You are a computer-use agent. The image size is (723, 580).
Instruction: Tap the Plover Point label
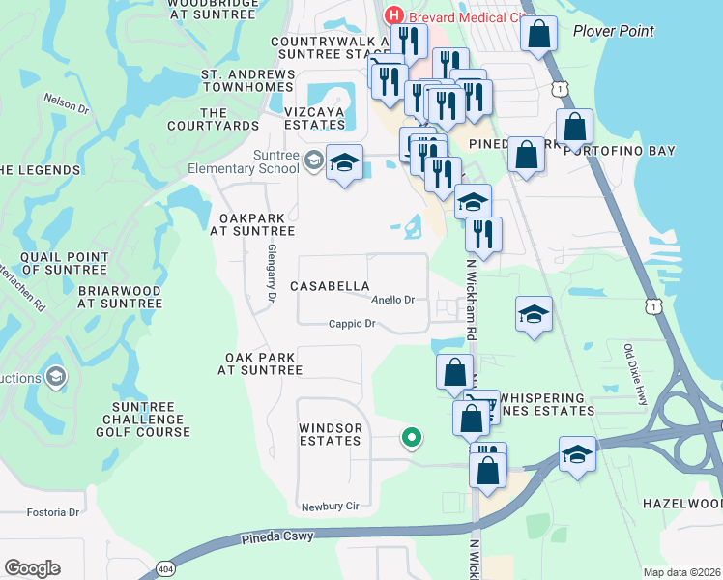613,31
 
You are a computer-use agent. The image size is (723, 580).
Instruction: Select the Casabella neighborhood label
331,286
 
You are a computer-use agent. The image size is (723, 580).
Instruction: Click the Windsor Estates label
331,434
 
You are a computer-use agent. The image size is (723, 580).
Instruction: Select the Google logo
33,568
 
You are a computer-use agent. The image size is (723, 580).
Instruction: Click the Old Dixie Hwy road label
635,373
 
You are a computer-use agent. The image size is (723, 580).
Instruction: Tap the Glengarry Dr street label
270,271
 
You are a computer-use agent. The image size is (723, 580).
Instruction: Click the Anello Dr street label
393,300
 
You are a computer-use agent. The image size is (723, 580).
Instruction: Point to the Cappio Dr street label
351,324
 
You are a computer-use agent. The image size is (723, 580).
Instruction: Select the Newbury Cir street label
330,506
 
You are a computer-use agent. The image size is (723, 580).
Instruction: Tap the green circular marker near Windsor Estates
412,438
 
